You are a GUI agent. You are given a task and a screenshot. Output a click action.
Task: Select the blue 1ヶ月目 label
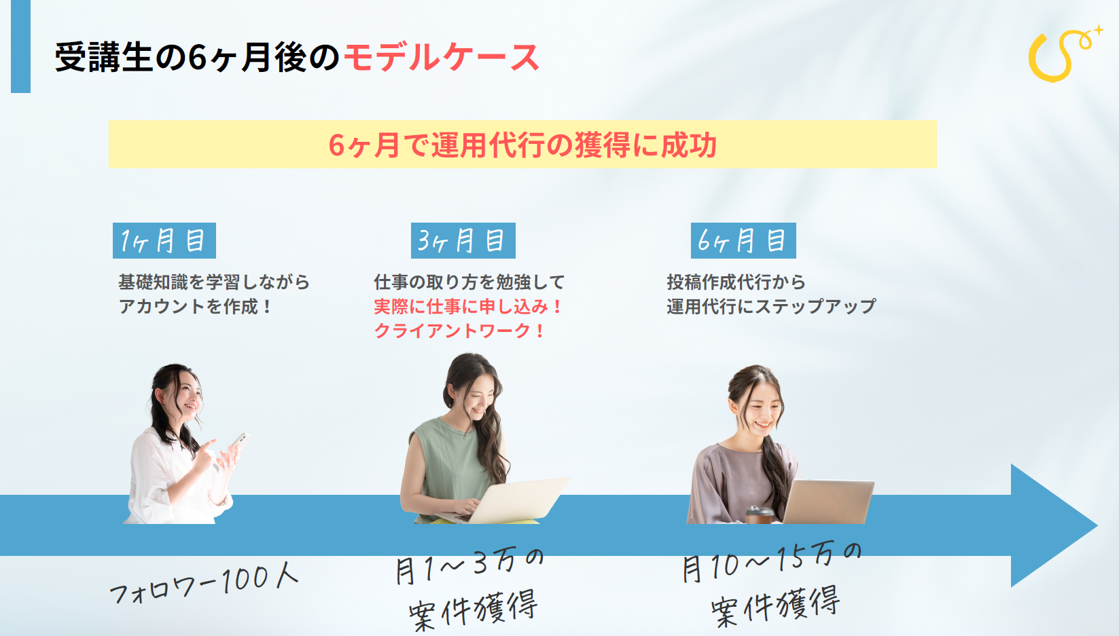point(164,240)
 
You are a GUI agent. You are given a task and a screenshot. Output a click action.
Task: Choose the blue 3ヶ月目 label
point(463,240)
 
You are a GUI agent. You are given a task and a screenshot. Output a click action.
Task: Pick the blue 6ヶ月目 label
point(743,240)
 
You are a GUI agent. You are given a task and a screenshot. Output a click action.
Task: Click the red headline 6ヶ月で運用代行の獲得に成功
point(522,145)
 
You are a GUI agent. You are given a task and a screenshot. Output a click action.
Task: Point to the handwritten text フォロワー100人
point(204,583)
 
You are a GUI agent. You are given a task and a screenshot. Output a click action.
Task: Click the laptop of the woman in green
point(505,499)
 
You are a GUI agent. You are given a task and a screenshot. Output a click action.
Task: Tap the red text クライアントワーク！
point(459,331)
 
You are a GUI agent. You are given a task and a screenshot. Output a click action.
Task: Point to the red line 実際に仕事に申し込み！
point(468,306)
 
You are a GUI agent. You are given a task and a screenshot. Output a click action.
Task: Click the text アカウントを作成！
point(195,306)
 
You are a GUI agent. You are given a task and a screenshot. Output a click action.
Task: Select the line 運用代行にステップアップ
point(771,306)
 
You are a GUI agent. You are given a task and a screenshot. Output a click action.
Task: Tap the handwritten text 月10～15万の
point(772,562)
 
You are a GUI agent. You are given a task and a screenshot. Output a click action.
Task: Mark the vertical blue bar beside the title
point(20,46)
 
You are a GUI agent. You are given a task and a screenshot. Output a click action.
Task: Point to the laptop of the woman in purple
point(827,502)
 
